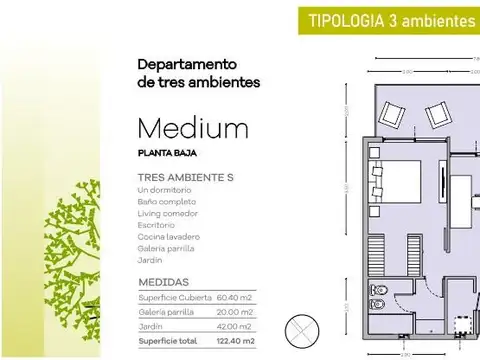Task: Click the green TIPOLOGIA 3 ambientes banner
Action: tap(391, 20)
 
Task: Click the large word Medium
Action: tap(193, 129)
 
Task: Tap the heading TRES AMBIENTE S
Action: tap(185, 177)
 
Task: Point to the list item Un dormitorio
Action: tap(165, 189)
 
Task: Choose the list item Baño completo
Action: tap(167, 201)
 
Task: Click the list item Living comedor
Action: tap(167, 213)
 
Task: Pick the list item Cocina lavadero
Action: tap(169, 236)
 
